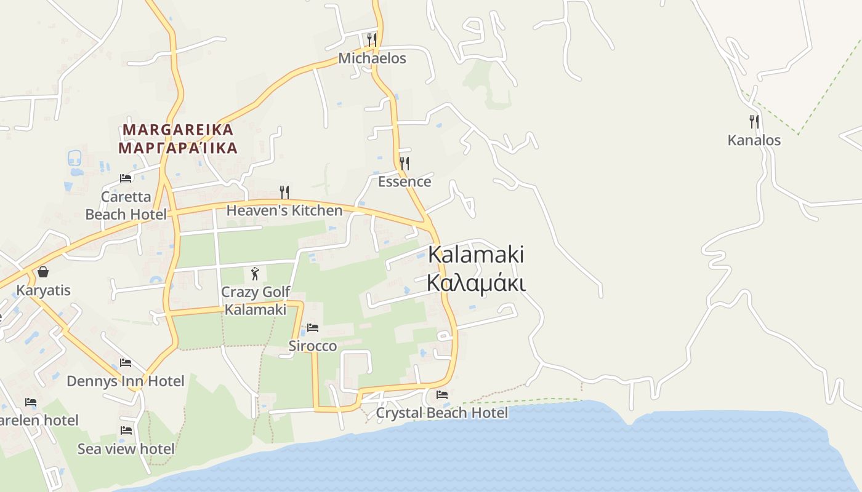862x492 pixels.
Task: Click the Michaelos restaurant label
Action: click(x=372, y=58)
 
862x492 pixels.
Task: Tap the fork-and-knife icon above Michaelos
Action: click(x=371, y=40)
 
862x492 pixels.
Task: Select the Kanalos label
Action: click(x=754, y=140)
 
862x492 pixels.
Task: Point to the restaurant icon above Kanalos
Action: click(x=754, y=121)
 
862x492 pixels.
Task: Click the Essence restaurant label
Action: click(x=404, y=181)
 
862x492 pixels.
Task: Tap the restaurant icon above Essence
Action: click(x=405, y=163)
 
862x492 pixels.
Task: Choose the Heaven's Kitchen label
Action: click(x=284, y=210)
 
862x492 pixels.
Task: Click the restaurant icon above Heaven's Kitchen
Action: click(x=284, y=192)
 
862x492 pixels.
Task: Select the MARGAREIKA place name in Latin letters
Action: click(x=178, y=130)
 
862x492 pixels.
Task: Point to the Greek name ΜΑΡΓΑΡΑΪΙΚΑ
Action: click(x=178, y=148)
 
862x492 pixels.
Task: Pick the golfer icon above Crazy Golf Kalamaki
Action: click(x=255, y=274)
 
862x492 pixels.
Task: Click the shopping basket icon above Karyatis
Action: click(x=43, y=272)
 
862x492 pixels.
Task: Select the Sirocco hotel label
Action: click(x=313, y=346)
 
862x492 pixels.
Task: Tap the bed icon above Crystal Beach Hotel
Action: click(x=441, y=394)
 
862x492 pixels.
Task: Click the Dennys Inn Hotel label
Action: click(x=125, y=381)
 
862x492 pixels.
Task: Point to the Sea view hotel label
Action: click(x=126, y=449)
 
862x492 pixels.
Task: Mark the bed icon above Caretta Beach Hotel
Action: click(x=126, y=178)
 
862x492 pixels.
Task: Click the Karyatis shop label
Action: click(x=43, y=290)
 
